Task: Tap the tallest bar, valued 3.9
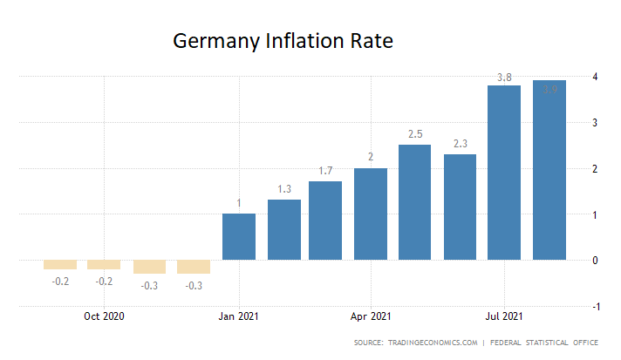549,170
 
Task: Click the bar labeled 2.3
460,207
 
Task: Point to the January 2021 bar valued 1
239,236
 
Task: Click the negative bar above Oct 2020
104,265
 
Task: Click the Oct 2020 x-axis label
104,316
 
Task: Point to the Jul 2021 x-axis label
504,316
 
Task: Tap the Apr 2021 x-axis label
370,316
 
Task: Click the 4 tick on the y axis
595,77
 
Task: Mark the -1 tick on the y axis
595,306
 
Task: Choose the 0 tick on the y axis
595,260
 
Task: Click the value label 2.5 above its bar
414,133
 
